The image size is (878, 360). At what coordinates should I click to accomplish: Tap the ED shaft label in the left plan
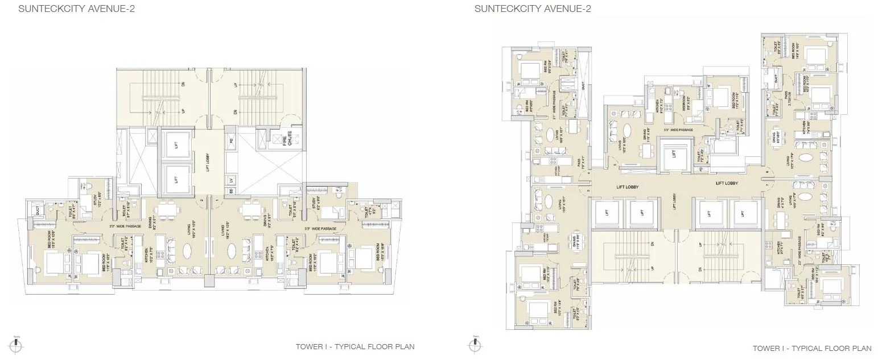point(230,191)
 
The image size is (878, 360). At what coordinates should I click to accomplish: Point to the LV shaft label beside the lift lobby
point(230,180)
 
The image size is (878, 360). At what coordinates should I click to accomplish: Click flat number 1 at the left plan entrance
point(217,200)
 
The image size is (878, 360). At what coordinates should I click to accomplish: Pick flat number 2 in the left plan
point(201,200)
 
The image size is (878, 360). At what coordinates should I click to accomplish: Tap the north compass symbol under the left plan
point(17,344)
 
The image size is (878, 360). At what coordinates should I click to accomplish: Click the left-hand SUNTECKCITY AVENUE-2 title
point(69,9)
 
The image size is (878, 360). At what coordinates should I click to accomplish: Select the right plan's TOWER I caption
point(812,348)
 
